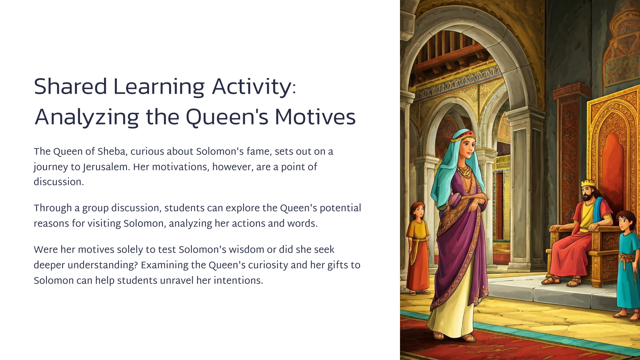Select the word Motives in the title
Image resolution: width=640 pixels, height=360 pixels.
pos(315,118)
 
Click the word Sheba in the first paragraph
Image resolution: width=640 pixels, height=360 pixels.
pos(111,152)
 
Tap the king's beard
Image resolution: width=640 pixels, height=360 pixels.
pos(587,199)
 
